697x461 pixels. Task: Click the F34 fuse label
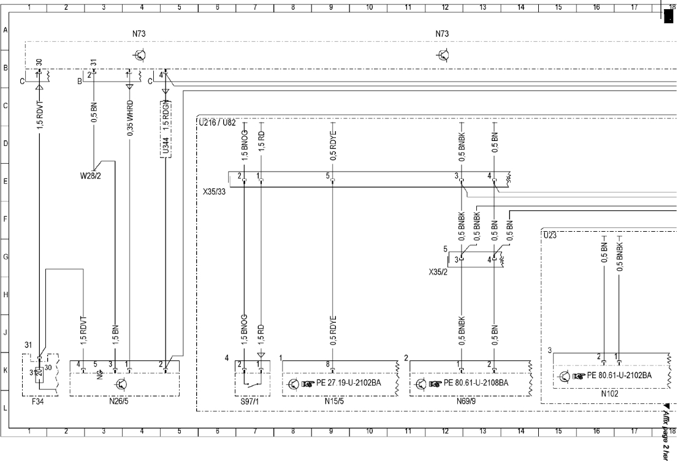[x=37, y=403]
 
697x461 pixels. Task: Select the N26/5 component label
[x=124, y=403]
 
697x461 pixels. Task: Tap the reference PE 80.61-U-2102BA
[x=619, y=375]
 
